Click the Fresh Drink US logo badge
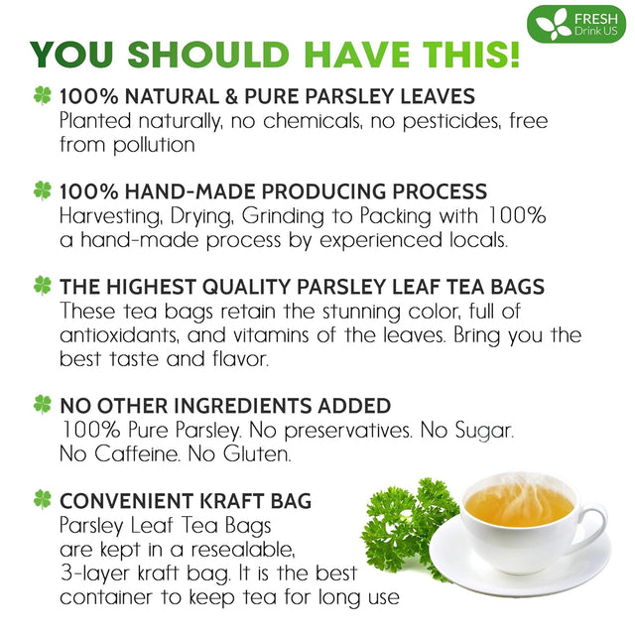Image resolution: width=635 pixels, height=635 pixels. coord(575,24)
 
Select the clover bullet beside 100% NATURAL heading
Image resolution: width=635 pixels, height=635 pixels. coord(42,96)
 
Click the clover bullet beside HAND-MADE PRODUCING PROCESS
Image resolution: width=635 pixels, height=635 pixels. coord(42,190)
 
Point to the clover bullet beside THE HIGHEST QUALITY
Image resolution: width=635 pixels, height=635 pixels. coord(42,285)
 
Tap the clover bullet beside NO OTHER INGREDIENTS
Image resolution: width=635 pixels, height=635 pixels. coord(42,404)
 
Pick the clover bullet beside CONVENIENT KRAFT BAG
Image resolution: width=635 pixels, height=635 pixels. coord(42,499)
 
